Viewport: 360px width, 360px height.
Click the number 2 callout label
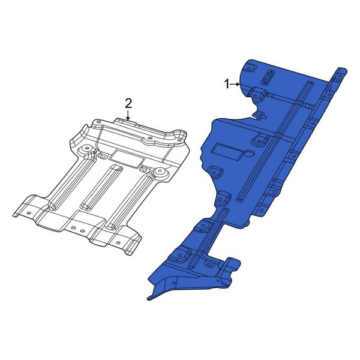[128, 103]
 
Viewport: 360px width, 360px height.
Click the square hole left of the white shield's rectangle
[104, 157]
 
